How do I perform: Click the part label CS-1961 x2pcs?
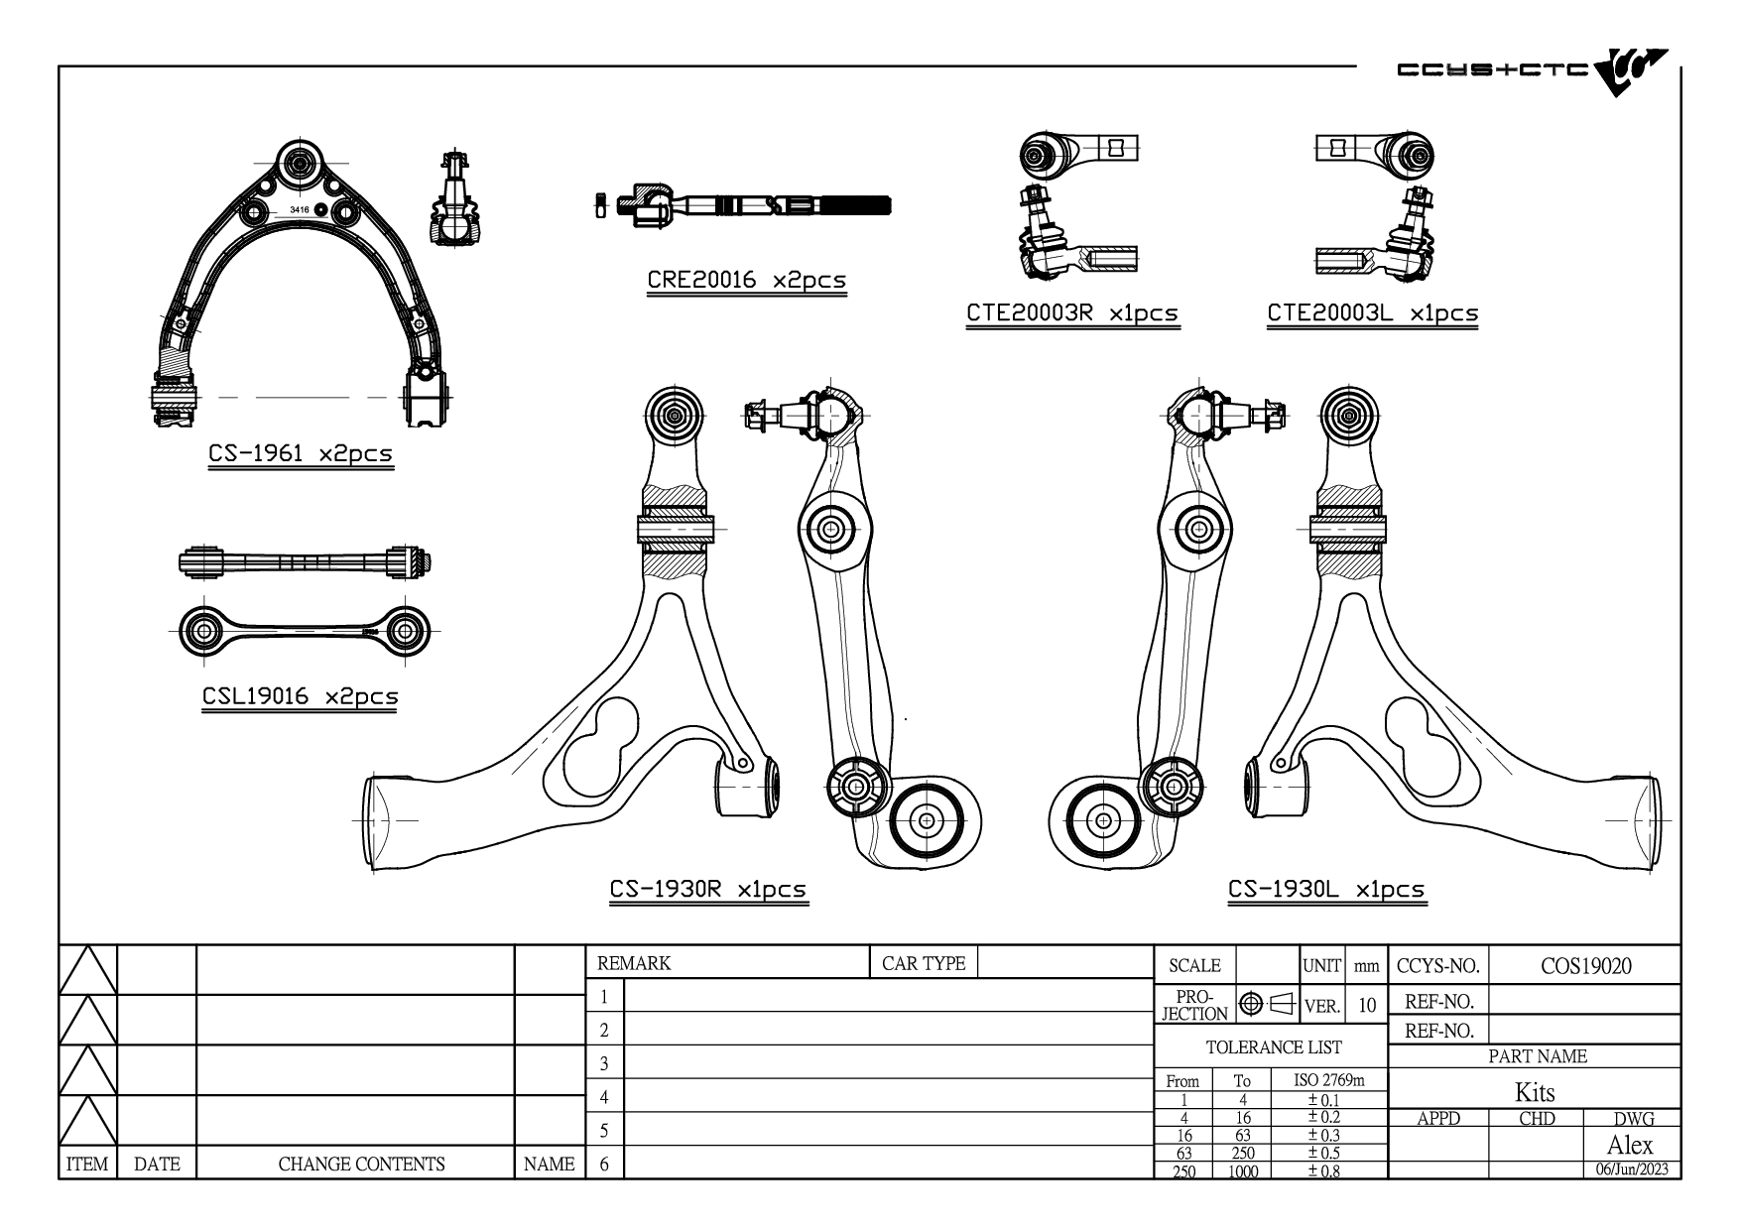click(x=301, y=453)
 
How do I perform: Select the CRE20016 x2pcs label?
click(x=747, y=280)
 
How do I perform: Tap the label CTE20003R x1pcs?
click(x=1072, y=313)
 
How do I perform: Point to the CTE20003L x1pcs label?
click(x=1373, y=313)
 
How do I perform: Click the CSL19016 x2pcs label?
click(x=301, y=696)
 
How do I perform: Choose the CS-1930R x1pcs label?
click(x=708, y=890)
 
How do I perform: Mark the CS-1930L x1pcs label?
click(x=1326, y=890)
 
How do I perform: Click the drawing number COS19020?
click(x=1585, y=966)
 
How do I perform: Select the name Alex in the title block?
click(x=1630, y=1145)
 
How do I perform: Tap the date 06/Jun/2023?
click(x=1632, y=1169)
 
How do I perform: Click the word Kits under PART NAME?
click(x=1535, y=1093)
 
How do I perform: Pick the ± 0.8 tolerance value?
click(x=1323, y=1171)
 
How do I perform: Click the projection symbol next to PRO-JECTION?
click(x=1268, y=1004)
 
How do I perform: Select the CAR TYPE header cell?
click(x=924, y=963)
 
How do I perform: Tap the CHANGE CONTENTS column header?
click(x=361, y=1165)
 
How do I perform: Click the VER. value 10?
click(x=1367, y=1006)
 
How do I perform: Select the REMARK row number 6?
click(x=604, y=1164)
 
